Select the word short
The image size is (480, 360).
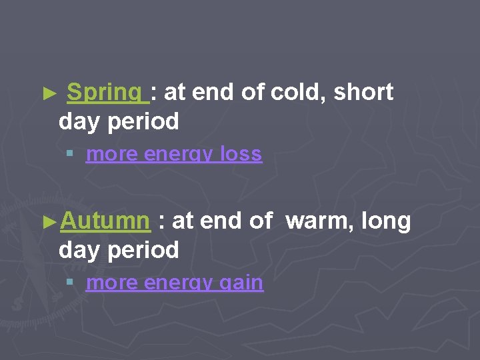[363, 93]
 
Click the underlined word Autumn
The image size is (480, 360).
[104, 221]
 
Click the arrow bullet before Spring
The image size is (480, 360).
[46, 94]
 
